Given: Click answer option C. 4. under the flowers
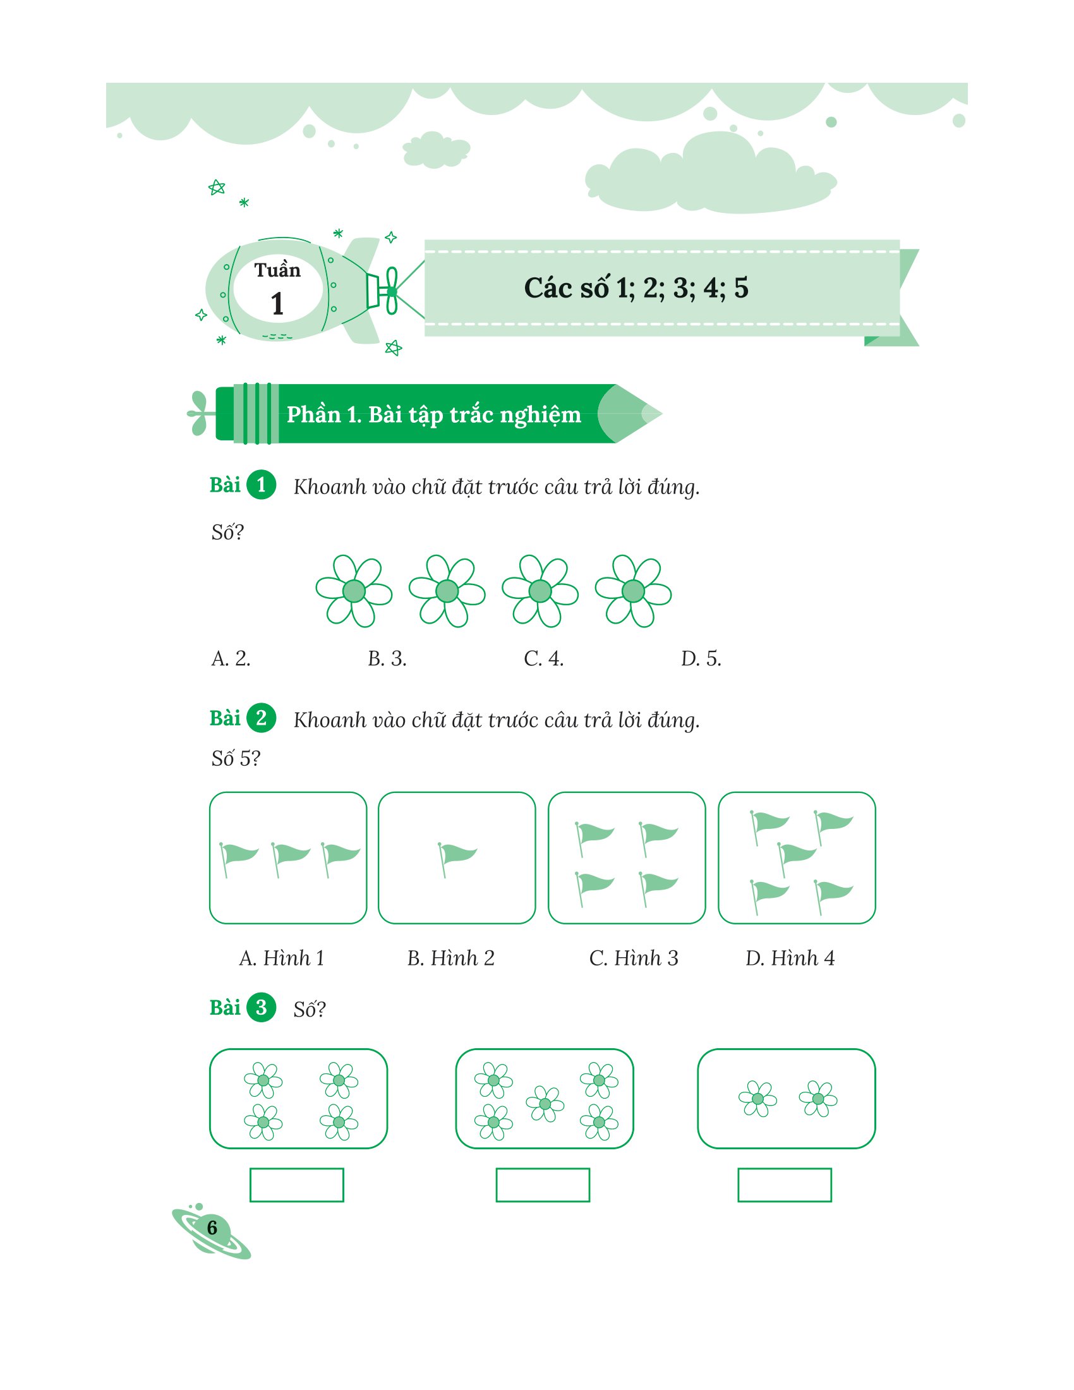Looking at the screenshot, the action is point(543,658).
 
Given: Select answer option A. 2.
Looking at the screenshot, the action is point(231,658).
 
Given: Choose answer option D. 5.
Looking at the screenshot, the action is point(701,658).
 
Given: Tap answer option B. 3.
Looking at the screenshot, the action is point(387,658).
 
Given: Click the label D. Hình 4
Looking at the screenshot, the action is point(790,958).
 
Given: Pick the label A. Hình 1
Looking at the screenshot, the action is point(282,958).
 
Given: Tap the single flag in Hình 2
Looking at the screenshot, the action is point(456,859).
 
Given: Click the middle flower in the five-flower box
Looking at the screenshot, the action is point(545,1104).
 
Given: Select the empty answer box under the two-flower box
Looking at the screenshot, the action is point(785,1185).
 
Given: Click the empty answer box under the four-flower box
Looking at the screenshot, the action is point(296,1185).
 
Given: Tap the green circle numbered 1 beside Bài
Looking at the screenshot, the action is point(261,485).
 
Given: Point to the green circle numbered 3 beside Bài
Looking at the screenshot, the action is point(261,1008).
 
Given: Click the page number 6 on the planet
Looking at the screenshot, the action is point(212,1227).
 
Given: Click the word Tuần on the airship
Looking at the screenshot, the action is point(277,270).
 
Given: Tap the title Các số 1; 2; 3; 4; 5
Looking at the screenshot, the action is point(636,287).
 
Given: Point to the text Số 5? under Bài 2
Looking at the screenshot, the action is point(236,758).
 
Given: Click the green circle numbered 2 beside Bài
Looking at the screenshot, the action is point(261,718).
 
